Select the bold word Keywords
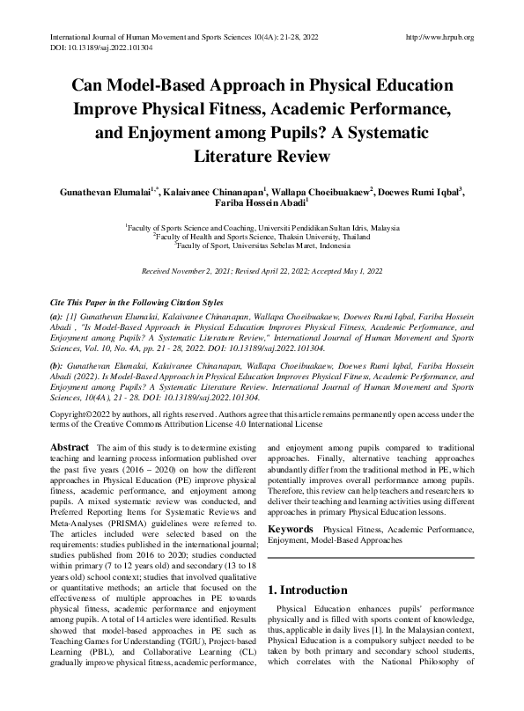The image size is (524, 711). [x=291, y=529]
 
